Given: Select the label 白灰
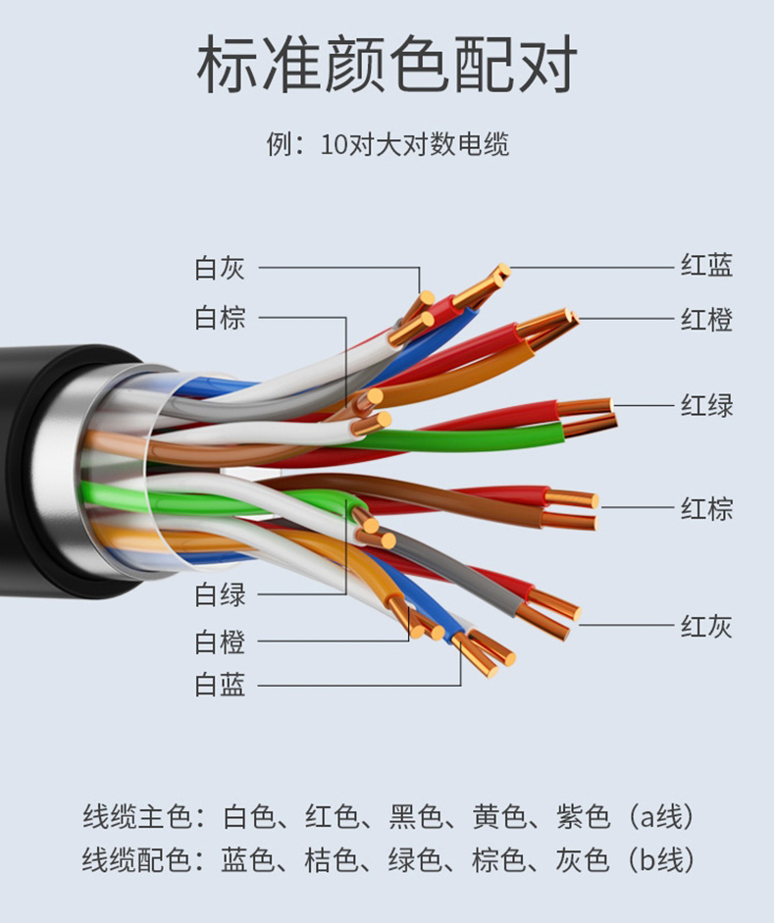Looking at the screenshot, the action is (x=220, y=267).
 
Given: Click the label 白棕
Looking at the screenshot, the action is (x=220, y=317).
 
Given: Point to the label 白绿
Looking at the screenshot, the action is (x=220, y=593).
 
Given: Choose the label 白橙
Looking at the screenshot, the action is (x=220, y=642).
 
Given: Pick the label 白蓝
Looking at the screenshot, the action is (x=220, y=685).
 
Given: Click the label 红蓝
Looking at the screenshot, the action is (x=706, y=265).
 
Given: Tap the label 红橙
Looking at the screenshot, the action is (x=706, y=319).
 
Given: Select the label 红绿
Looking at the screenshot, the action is (x=706, y=404).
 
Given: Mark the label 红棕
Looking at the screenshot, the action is (x=706, y=508).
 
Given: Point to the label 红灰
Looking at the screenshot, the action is (x=706, y=625).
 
